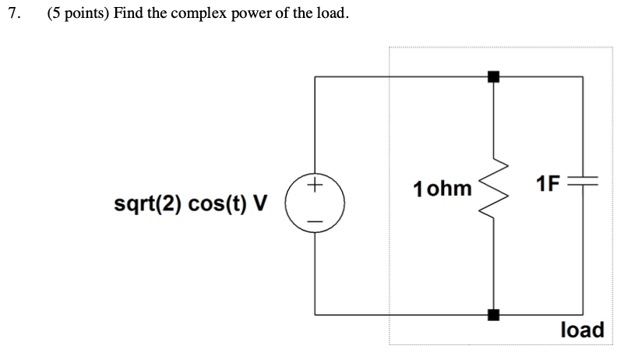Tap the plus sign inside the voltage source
314,187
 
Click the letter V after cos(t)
260,205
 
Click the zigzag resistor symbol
492,195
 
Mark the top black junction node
492,76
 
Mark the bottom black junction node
492,315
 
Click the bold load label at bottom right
582,330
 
